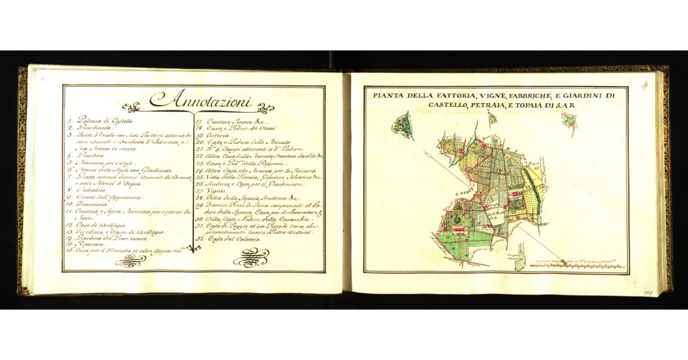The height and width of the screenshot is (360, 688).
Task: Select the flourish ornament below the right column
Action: click(x=251, y=260)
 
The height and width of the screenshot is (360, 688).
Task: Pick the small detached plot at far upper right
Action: click(x=569, y=120)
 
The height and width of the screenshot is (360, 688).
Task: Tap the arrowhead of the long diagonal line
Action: click(x=425, y=152)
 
